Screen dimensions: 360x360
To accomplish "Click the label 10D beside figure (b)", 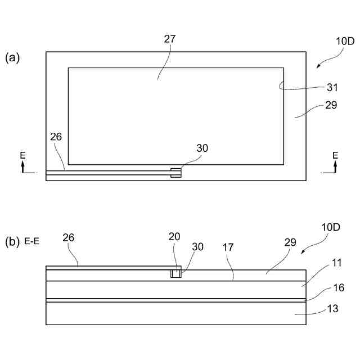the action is (331, 227).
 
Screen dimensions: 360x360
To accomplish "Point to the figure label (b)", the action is (12, 242).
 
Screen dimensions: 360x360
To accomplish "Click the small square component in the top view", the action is (176, 173).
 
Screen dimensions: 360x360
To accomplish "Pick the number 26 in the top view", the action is (56, 136).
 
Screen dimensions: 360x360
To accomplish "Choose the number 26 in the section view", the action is (68, 237).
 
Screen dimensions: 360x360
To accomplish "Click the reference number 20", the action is (174, 236).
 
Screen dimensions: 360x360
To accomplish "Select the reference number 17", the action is (228, 247).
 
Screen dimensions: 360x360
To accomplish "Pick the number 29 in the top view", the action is (331, 105).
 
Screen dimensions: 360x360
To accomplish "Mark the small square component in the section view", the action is (176, 273).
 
